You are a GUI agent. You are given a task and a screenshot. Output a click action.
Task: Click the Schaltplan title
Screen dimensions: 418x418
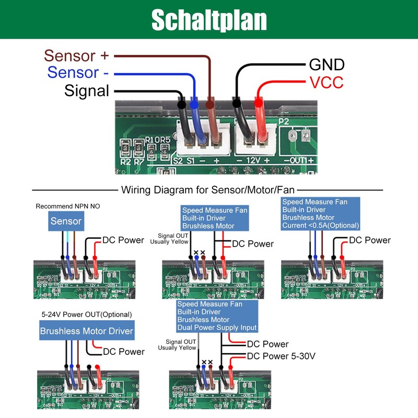click(x=209, y=20)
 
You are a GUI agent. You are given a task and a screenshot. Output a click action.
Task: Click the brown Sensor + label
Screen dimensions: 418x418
click(x=77, y=55)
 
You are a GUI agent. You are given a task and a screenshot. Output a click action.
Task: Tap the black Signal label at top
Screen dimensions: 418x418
click(x=87, y=90)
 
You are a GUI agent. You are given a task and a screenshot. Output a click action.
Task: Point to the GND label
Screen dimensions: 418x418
click(x=327, y=65)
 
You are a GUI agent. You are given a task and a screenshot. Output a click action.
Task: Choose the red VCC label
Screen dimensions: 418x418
click(x=326, y=82)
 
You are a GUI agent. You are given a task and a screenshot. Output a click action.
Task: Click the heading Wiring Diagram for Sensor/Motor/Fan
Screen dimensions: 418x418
click(x=208, y=190)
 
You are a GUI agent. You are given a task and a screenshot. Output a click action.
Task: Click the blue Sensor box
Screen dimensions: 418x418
click(x=66, y=221)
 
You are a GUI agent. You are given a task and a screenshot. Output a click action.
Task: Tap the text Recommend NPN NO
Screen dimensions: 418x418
click(x=67, y=206)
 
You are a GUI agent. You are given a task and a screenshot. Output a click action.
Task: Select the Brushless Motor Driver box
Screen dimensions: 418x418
click(x=87, y=331)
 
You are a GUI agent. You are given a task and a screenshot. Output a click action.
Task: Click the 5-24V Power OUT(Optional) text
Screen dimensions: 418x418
click(x=86, y=315)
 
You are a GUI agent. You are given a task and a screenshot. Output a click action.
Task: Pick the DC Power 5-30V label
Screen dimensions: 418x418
click(x=281, y=357)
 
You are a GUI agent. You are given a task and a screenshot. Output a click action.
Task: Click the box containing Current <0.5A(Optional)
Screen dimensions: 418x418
click(x=321, y=214)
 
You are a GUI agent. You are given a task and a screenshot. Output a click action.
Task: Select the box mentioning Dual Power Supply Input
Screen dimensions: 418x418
click(x=217, y=316)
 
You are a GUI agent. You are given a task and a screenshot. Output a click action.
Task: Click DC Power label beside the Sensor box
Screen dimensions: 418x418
click(x=123, y=240)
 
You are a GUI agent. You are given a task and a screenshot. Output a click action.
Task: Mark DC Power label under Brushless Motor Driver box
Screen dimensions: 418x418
click(x=124, y=352)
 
